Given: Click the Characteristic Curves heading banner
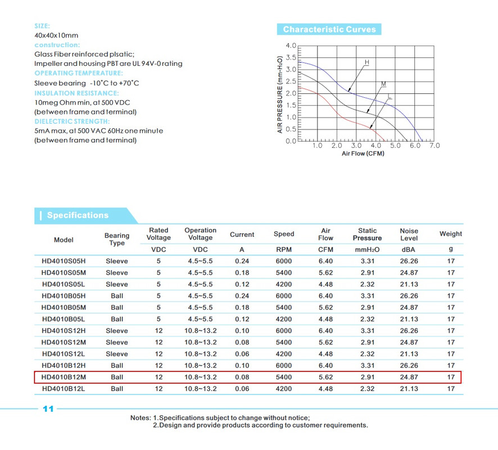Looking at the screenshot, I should click(329, 29).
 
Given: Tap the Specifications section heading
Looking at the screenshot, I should click(78, 215).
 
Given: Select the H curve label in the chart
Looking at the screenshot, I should click(367, 61).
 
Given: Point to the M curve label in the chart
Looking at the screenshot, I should click(383, 84).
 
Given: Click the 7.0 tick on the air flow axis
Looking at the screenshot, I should click(434, 146).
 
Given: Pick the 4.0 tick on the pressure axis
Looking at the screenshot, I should click(291, 46).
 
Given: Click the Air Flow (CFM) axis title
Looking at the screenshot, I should click(363, 154).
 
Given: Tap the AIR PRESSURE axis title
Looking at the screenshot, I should click(279, 94).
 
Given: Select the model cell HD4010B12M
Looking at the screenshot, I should click(64, 377).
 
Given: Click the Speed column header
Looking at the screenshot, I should click(284, 235).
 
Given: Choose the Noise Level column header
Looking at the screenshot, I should click(409, 235).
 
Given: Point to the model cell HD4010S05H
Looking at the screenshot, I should click(64, 261).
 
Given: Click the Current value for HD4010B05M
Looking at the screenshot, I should click(242, 308).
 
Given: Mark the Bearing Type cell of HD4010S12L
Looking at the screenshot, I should click(117, 354).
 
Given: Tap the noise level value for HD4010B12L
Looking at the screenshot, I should click(409, 389).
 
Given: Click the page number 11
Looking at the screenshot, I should click(48, 409).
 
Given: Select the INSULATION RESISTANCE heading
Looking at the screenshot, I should click(76, 93).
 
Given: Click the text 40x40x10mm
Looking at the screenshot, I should click(56, 35).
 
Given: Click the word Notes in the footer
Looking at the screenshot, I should click(139, 418).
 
